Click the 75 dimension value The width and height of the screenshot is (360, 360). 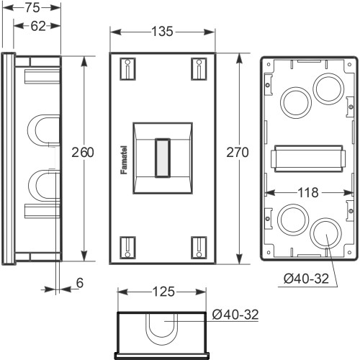(x=32, y=8)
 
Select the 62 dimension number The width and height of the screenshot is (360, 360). (x=38, y=26)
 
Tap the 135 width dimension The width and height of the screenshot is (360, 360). (x=162, y=32)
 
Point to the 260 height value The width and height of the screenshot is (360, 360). (x=83, y=153)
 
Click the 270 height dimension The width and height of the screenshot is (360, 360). (x=238, y=153)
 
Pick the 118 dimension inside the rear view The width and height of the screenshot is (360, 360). (x=308, y=192)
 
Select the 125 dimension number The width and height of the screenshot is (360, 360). (x=163, y=292)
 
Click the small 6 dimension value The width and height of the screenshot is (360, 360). (x=80, y=283)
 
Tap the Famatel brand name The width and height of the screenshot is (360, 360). (x=124, y=160)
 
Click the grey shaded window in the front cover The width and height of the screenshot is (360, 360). (x=163, y=158)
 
